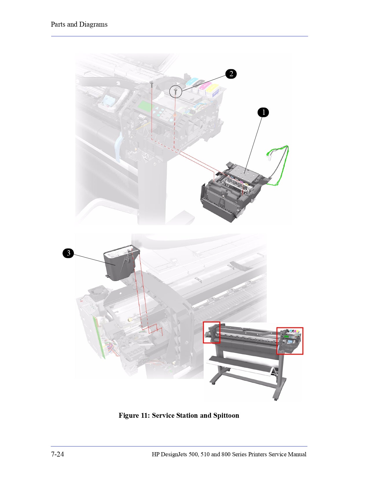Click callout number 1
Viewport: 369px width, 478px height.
click(263, 112)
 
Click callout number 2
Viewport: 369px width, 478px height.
click(231, 74)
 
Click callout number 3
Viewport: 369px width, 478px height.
click(68, 253)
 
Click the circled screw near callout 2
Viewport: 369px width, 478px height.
click(175, 92)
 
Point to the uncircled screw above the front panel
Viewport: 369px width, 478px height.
click(151, 84)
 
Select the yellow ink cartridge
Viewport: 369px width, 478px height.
click(212, 88)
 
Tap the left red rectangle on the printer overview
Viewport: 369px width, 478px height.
click(212, 332)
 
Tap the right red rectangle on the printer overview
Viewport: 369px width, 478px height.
click(290, 341)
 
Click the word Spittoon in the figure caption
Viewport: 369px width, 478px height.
click(226, 415)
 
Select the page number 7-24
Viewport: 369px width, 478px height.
click(57, 454)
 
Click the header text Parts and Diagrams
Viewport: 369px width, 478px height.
click(79, 24)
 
